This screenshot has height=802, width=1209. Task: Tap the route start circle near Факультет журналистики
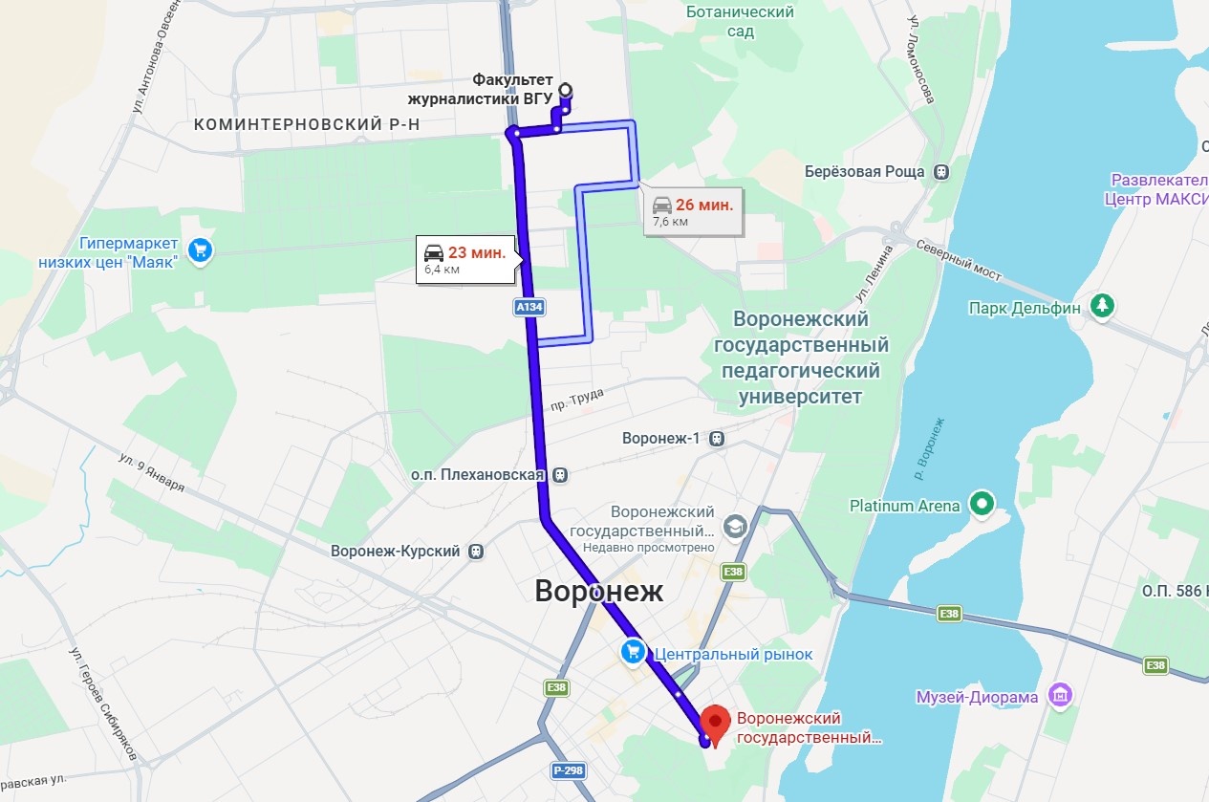(565, 90)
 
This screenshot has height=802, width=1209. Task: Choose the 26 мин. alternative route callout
(692, 211)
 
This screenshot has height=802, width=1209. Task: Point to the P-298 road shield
(567, 770)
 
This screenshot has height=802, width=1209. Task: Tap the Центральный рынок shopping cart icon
(633, 653)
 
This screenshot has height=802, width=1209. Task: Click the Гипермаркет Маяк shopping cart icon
(200, 250)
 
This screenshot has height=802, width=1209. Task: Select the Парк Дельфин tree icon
(1105, 306)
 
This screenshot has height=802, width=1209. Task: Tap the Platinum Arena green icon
(982, 503)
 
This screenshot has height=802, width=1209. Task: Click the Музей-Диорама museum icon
(1060, 697)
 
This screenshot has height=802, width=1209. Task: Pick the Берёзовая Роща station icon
(941, 172)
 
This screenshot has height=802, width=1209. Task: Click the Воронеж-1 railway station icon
(717, 439)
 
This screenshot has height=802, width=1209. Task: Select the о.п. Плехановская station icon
(560, 474)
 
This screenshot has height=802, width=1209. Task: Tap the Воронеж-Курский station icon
(476, 552)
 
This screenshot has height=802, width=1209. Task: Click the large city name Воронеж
(598, 590)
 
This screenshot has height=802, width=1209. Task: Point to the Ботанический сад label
(740, 21)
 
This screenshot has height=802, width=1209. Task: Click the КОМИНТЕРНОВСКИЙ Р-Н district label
(307, 125)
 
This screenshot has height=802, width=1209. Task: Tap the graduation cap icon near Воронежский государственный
(734, 526)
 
